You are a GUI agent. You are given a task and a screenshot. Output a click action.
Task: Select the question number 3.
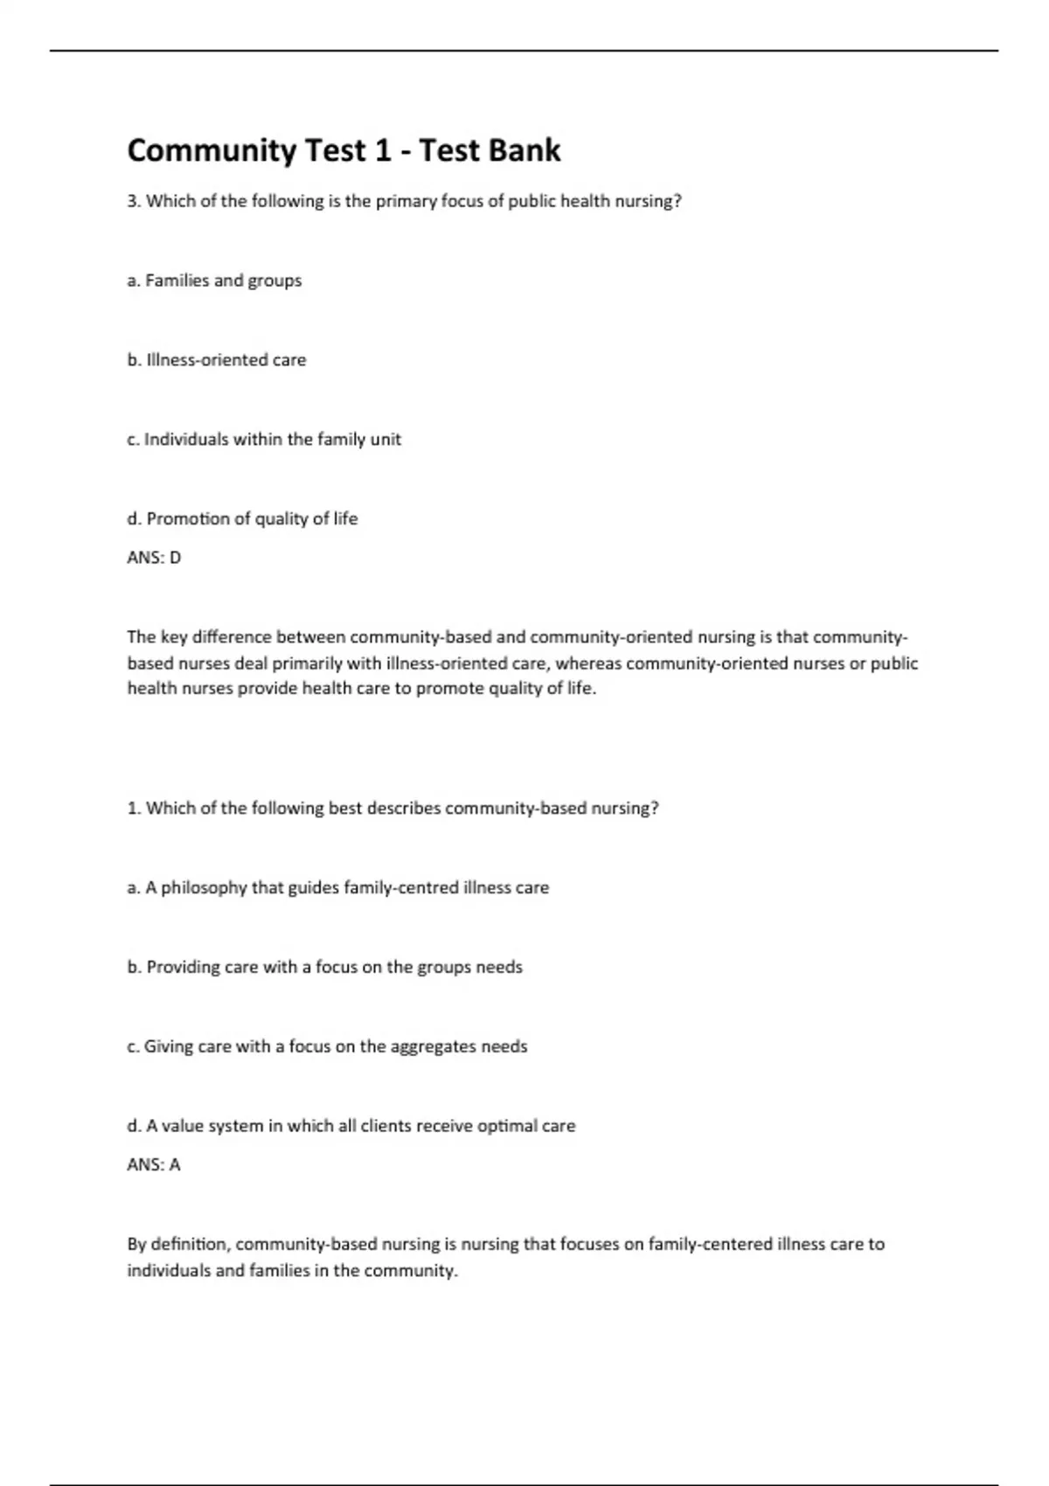click(133, 201)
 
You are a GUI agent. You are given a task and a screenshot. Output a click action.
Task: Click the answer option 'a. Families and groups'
click(214, 281)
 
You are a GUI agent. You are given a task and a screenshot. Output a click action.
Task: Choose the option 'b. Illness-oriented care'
click(216, 360)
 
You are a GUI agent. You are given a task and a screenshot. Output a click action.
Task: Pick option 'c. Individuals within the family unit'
click(263, 440)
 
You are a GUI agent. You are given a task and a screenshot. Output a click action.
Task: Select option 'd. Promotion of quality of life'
click(242, 519)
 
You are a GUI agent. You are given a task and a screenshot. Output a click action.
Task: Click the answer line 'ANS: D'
click(154, 558)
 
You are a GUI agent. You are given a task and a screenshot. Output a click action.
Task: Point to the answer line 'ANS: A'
click(154, 1165)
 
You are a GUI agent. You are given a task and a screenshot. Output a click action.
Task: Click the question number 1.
click(133, 809)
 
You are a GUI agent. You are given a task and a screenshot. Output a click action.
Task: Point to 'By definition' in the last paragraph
click(178, 1244)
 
